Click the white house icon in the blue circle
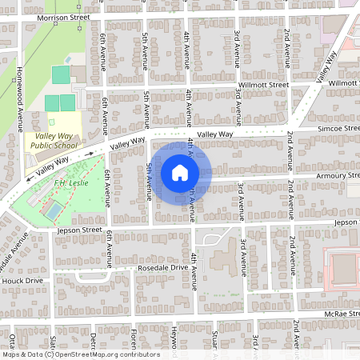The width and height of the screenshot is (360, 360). tap(180, 172)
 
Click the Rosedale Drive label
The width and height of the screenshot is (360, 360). tap(162, 268)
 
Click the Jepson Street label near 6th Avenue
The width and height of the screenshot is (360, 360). tap(78, 230)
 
